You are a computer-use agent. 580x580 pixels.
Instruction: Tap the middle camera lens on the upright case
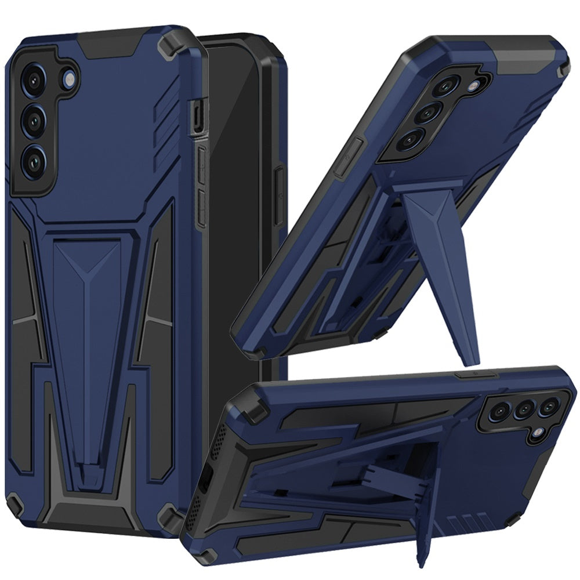35,119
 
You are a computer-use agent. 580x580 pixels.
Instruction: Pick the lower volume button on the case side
201,206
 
